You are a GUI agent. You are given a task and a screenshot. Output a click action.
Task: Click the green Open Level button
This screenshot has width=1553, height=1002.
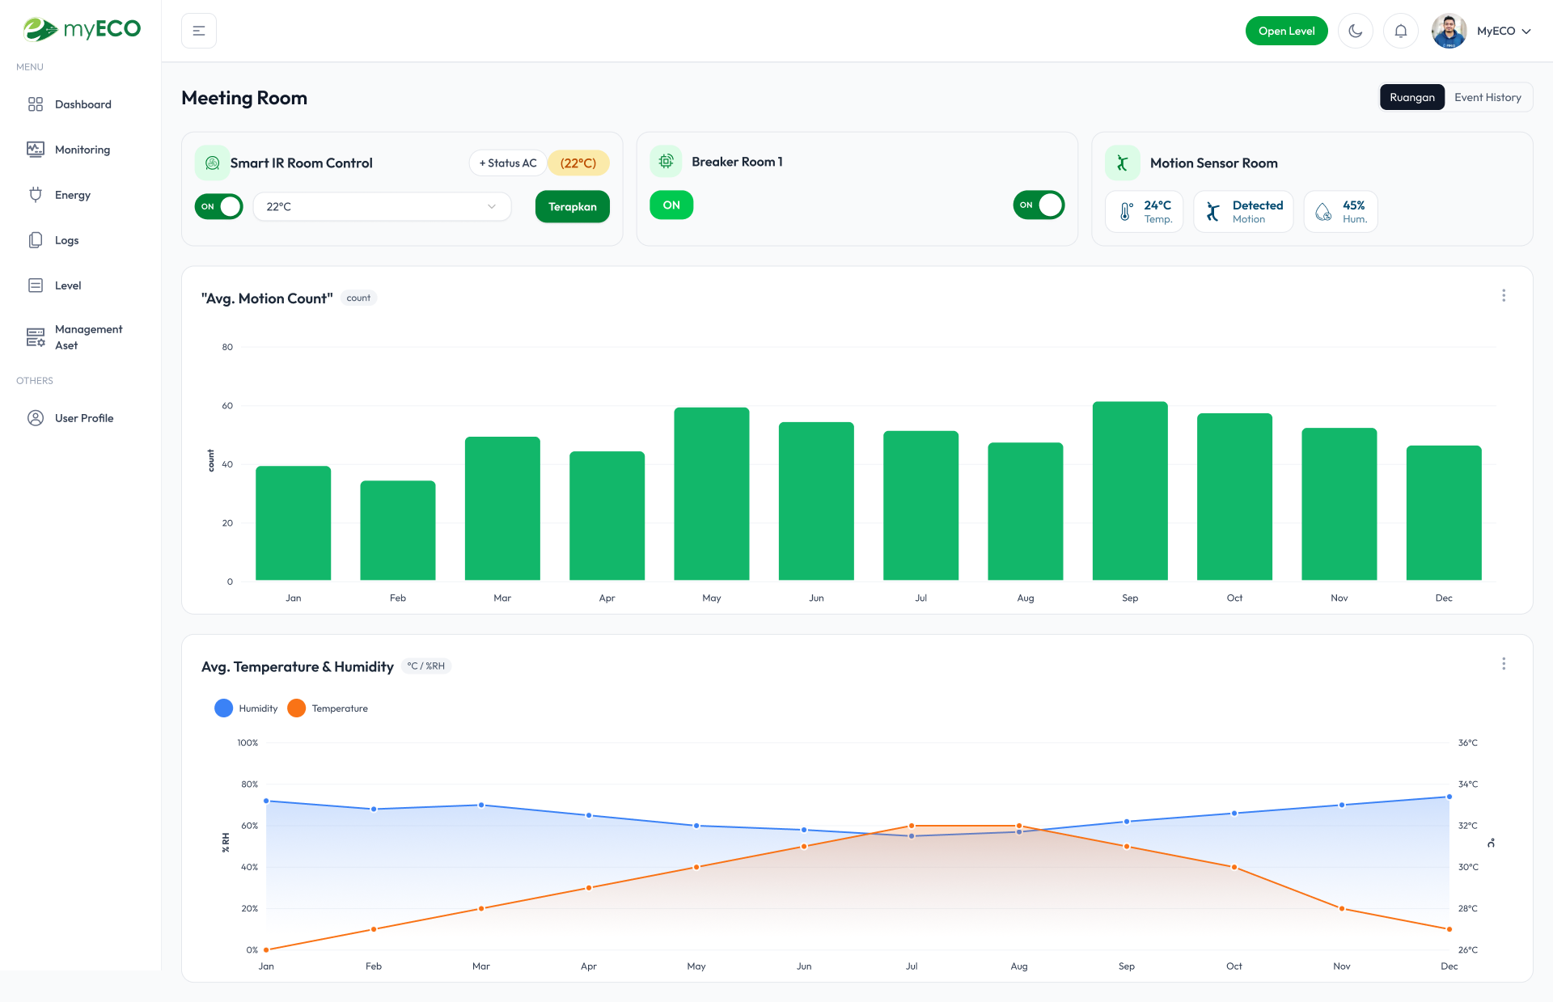pos(1286,31)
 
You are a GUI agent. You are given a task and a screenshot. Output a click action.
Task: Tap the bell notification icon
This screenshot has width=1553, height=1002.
pos(1400,31)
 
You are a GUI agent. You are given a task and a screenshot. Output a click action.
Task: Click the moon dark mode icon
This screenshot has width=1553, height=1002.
pos(1355,31)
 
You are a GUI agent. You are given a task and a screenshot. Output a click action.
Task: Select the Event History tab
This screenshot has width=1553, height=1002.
pos(1487,97)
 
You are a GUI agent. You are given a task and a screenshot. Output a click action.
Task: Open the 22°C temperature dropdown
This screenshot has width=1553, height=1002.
pos(382,206)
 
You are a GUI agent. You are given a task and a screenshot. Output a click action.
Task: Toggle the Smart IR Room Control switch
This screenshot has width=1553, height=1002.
pos(218,206)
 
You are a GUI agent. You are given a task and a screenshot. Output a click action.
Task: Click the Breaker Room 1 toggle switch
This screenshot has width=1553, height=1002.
pos(1038,205)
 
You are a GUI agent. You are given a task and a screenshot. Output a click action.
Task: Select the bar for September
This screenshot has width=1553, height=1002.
pos(1129,490)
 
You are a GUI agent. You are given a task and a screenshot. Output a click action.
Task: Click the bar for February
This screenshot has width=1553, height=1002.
pos(397,530)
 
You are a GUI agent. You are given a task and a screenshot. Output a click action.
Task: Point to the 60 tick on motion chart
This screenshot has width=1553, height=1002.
pos(227,406)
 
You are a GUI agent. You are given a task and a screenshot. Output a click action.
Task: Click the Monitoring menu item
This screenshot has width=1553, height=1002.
pos(82,150)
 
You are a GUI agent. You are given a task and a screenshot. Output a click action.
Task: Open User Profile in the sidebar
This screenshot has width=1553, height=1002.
pos(83,418)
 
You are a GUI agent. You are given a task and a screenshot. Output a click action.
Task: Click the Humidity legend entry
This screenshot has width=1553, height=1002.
pos(247,708)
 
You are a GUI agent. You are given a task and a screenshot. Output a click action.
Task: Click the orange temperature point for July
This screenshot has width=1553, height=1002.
pos(912,826)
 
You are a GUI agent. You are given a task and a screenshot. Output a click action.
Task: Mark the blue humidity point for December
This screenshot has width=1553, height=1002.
pos(1449,797)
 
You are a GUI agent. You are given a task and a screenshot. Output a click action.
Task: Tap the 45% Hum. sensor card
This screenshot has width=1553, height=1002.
pos(1340,212)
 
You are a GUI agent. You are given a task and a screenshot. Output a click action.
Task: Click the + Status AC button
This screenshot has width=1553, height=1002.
pos(507,163)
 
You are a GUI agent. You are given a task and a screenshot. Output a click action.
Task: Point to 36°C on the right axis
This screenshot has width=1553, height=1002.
pos(1467,742)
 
